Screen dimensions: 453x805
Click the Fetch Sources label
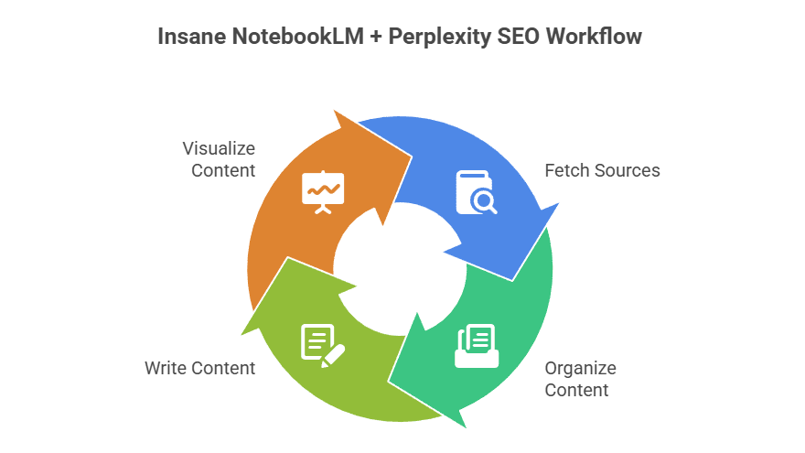click(602, 170)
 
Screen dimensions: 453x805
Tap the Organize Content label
click(580, 379)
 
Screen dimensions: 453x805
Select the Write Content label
click(199, 368)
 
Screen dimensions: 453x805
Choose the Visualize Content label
click(219, 158)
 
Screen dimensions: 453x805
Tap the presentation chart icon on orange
click(323, 190)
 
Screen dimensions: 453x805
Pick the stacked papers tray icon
click(477, 346)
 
